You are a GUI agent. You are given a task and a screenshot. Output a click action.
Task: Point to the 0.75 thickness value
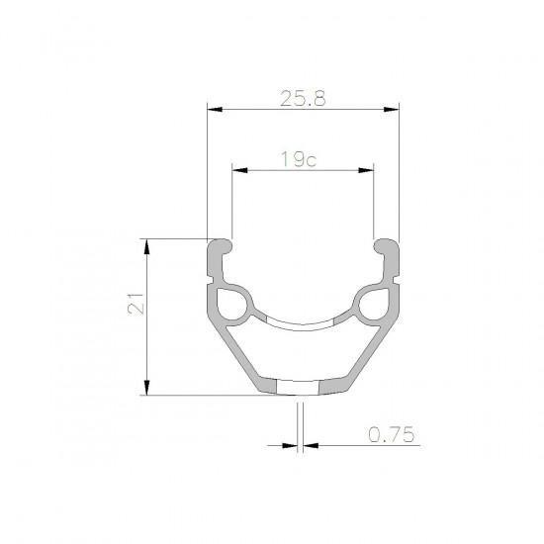click(391, 432)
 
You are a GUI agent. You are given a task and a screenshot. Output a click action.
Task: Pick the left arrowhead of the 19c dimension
click(238, 170)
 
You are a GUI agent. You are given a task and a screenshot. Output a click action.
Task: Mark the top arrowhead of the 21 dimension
click(146, 244)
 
